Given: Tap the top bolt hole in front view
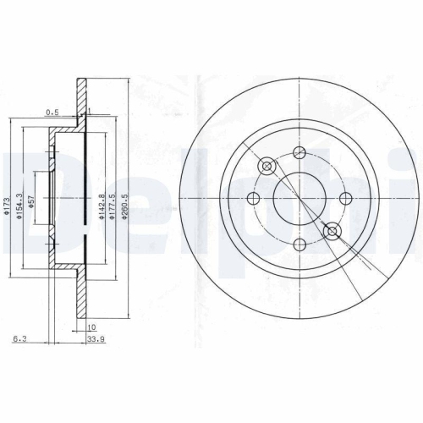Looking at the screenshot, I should coord(299,153).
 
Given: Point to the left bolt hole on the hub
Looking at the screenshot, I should coord(252,200).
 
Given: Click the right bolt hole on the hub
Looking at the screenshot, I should coord(344,200).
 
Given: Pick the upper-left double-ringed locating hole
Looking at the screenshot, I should coord(266,167).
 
